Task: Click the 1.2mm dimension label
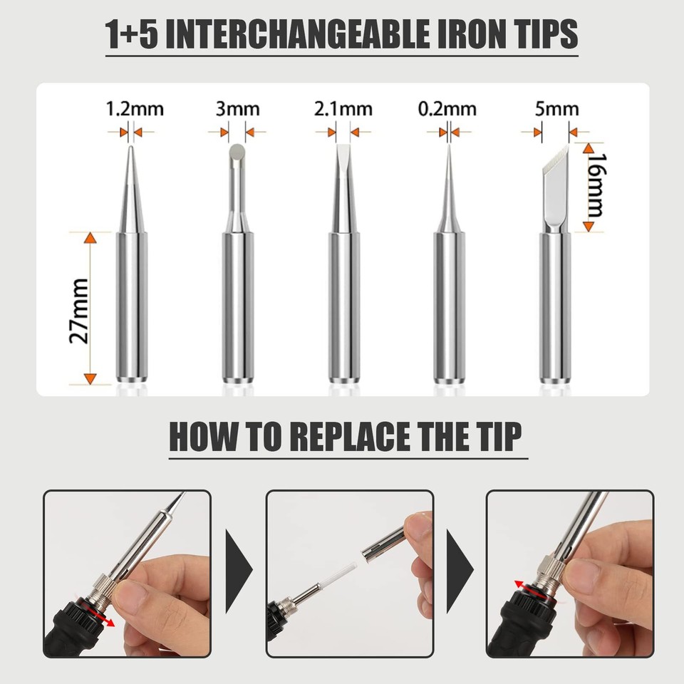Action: [134, 109]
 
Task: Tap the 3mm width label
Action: [237, 109]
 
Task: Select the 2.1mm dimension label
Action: [343, 109]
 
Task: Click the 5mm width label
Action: [556, 109]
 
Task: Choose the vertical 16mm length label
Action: [593, 186]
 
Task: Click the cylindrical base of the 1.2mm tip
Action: [132, 306]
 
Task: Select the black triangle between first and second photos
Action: [239, 571]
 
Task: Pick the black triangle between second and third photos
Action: [460, 571]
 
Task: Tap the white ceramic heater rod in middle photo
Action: [340, 574]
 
